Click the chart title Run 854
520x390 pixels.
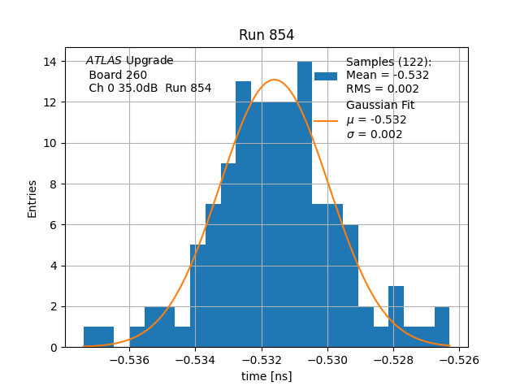266,35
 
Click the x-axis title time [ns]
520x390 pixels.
266,376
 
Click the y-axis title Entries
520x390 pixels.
32,198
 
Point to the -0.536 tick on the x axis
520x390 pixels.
129,359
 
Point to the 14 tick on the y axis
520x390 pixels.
50,62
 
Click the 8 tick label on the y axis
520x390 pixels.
53,184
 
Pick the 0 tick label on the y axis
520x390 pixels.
53,348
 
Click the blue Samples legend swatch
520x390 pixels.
326,76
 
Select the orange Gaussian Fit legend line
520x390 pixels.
326,120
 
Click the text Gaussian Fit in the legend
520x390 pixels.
380,105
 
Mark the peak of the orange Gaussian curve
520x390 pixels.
275,80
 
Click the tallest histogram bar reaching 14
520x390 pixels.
305,203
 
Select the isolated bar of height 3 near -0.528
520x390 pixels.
396,317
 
